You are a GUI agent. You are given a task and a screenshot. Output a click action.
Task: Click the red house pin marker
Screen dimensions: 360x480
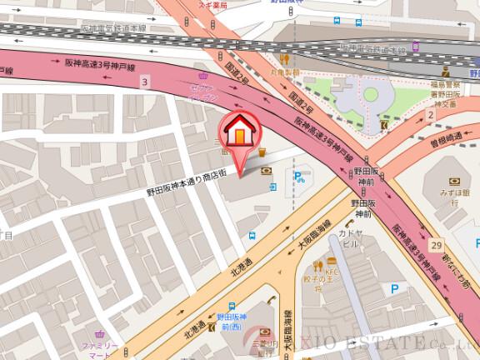[x=238, y=133]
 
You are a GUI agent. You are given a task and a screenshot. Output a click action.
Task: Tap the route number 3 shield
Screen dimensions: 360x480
[x=144, y=82]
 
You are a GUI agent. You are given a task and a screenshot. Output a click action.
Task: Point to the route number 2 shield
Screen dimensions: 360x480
[x=431, y=114]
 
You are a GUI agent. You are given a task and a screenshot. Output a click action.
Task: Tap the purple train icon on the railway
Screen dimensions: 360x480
[x=415, y=47]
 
